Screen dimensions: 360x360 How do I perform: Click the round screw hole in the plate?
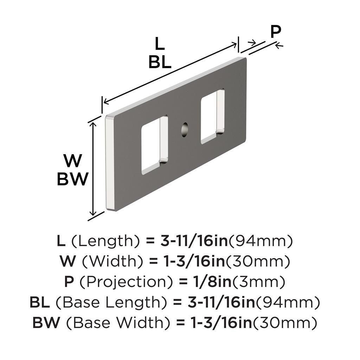[184, 129]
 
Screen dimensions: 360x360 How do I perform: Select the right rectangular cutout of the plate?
[213, 116]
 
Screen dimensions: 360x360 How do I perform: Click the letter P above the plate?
[276, 32]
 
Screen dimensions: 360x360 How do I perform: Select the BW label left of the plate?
[72, 179]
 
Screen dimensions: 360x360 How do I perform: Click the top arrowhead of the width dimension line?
[93, 125]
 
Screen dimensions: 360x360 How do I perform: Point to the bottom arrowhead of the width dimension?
[93, 213]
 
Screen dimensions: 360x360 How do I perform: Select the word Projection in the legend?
[126, 282]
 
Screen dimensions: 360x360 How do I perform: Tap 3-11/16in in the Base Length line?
[221, 302]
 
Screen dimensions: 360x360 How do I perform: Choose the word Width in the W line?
[113, 262]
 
